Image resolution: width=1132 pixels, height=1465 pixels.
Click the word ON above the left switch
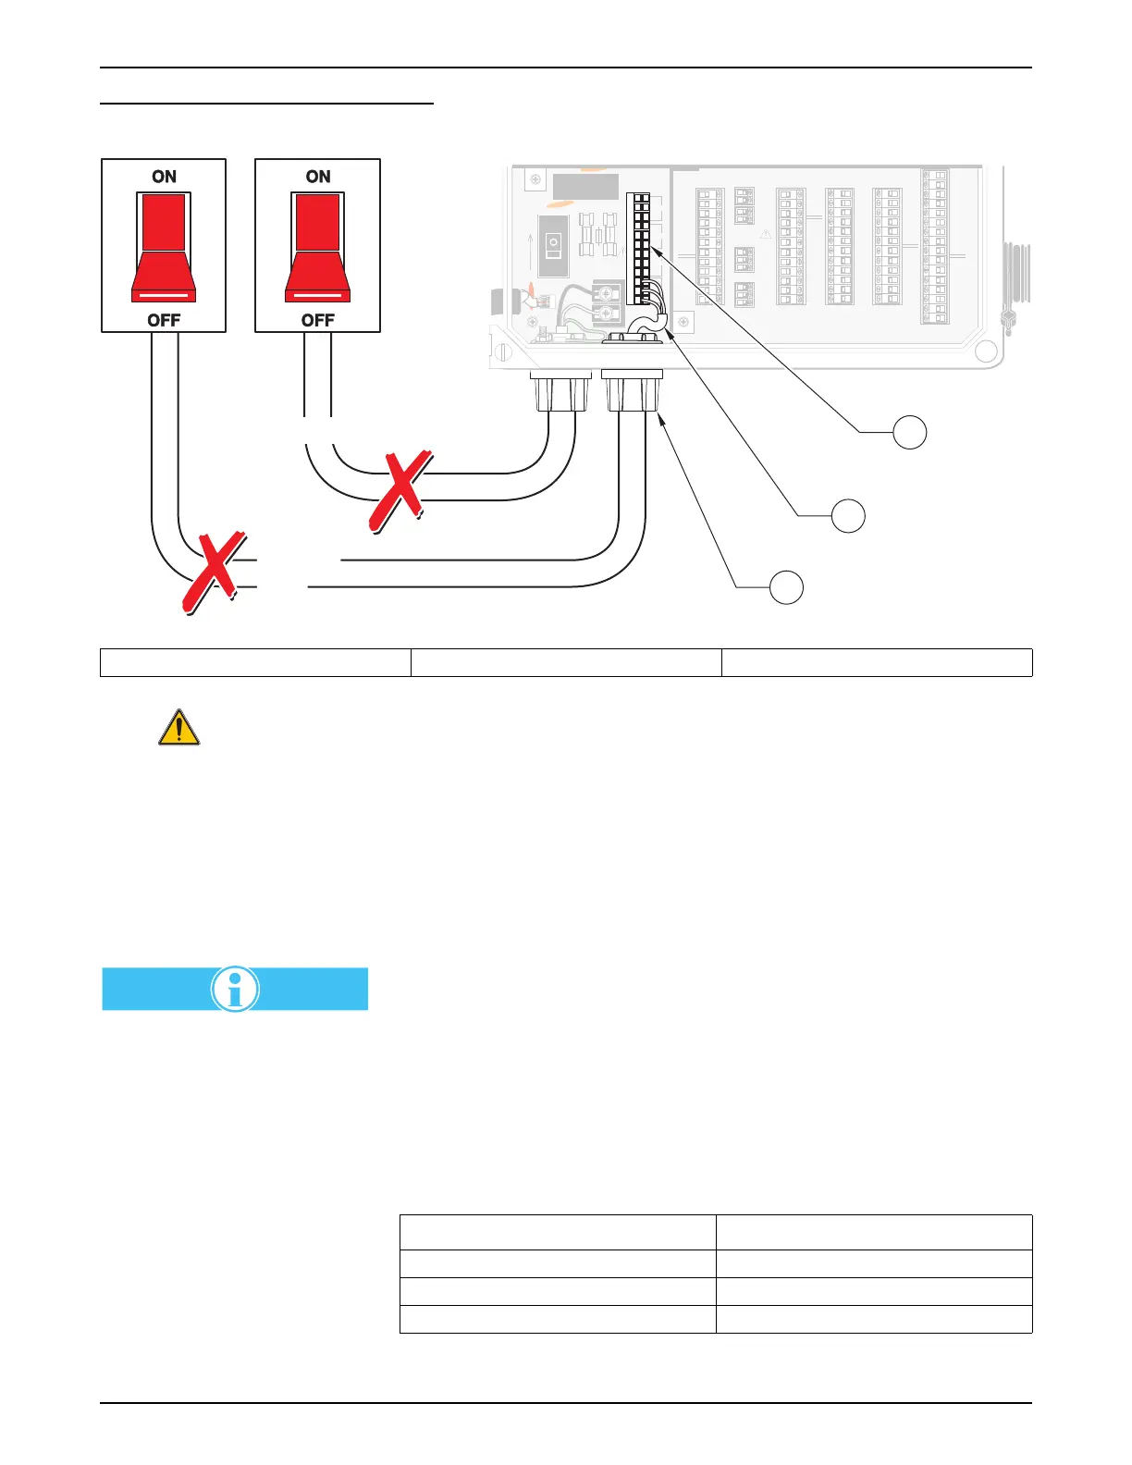[164, 177]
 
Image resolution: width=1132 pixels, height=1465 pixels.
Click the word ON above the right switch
[318, 177]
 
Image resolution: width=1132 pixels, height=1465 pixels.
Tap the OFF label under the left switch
[164, 320]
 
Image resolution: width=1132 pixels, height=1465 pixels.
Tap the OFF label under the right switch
[318, 320]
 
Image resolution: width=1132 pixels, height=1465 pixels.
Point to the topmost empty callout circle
[910, 432]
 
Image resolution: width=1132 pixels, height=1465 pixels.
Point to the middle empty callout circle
[848, 515]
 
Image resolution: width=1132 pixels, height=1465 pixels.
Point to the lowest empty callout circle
[787, 587]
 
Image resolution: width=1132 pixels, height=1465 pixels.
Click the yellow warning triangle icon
[179, 728]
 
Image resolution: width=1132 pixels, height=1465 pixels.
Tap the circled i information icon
[235, 989]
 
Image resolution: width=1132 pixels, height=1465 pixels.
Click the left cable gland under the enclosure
[560, 392]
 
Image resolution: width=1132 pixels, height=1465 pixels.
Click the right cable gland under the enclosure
[632, 392]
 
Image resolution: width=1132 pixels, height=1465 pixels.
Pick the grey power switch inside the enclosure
[553, 246]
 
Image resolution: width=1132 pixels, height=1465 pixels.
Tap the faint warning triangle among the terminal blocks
[766, 234]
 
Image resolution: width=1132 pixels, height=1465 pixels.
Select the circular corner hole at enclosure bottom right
[986, 351]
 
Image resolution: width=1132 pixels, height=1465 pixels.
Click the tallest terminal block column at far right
[935, 246]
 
